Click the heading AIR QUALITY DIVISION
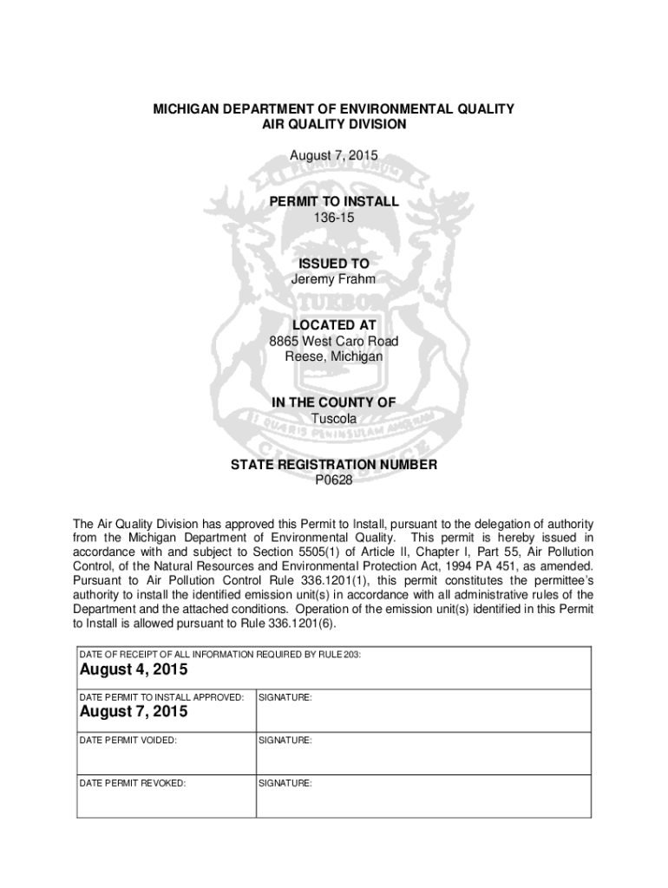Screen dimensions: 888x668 click(334, 125)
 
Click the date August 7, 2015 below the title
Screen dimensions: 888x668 click(334, 155)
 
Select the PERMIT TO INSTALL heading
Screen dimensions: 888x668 click(334, 201)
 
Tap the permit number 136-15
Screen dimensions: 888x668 click(334, 217)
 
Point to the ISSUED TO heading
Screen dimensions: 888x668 click(334, 264)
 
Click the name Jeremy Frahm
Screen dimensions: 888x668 click(334, 279)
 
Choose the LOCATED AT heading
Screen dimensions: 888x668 click(334, 325)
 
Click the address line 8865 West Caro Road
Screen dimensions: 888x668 click(334, 341)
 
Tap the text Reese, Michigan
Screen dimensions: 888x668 click(334, 356)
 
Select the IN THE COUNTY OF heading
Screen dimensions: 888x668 click(334, 402)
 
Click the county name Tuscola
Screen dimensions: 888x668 click(334, 418)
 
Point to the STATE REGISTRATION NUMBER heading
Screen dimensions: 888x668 click(334, 465)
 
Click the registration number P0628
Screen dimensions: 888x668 click(334, 480)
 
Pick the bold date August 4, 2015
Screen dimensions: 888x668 click(134, 670)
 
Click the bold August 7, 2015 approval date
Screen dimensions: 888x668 click(134, 713)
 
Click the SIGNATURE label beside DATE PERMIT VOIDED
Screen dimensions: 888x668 click(285, 741)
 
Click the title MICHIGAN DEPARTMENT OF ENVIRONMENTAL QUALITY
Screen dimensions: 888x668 click(334, 109)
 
